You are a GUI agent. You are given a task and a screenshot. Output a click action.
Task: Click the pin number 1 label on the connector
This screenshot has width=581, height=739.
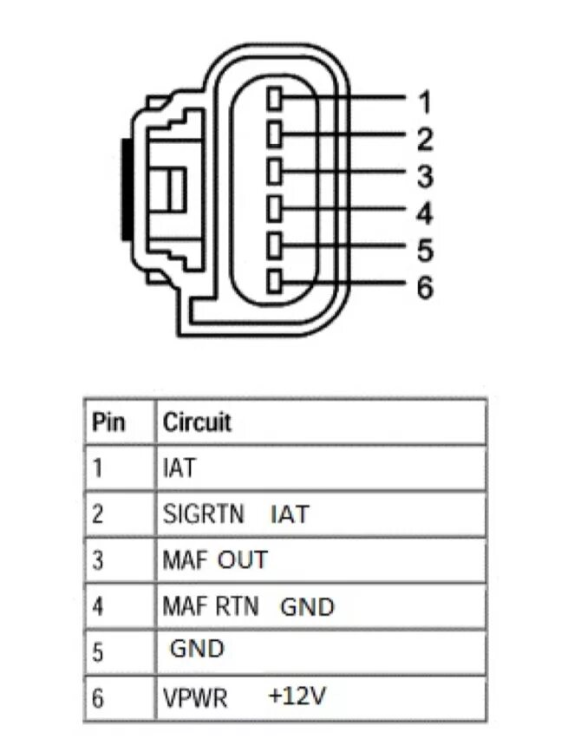pos(424,103)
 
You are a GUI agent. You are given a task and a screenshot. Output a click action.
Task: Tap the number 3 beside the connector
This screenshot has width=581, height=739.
pos(424,177)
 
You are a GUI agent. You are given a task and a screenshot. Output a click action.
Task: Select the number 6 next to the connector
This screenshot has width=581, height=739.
pos(424,288)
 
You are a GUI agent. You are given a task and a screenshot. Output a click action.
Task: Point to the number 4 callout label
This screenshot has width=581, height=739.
pos(424,213)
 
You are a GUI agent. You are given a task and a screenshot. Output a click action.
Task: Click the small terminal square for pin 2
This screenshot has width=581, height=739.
pos(276,134)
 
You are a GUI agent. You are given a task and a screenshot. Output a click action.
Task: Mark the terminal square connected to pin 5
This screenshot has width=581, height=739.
pos(276,245)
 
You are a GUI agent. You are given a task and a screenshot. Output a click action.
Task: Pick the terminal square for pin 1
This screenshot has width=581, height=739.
pos(276,98)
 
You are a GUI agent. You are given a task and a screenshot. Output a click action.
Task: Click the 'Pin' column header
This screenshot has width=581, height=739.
pos(108,422)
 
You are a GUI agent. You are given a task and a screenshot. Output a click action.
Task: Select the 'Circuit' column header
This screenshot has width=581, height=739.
pos(197,422)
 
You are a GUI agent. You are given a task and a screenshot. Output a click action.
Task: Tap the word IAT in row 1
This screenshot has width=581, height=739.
pos(179,468)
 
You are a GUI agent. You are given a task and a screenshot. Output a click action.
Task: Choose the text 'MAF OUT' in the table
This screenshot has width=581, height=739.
pos(214,560)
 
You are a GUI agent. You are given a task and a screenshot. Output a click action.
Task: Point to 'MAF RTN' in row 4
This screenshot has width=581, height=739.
pos(210,605)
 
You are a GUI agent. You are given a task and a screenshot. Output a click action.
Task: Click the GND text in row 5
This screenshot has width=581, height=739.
pos(197,648)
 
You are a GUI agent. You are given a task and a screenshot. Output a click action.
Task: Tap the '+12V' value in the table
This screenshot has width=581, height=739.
pos(297,695)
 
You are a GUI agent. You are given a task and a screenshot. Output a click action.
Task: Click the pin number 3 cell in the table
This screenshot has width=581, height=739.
pos(98,560)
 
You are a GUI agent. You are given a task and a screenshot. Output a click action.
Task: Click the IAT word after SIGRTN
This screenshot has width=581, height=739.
pos(289,514)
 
